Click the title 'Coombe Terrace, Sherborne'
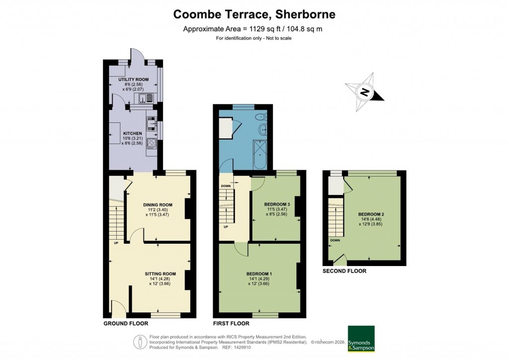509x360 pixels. (x=254, y=14)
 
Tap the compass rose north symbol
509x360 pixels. (x=365, y=92)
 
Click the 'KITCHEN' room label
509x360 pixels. (x=133, y=133)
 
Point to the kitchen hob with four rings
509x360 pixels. (x=151, y=144)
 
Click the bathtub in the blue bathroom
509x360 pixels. (x=259, y=155)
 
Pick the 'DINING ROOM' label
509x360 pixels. (x=158, y=205)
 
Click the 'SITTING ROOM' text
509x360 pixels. (x=160, y=273)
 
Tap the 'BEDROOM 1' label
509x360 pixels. (x=259, y=273)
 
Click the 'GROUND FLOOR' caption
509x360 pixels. (x=126, y=323)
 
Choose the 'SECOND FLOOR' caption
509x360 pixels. (x=344, y=271)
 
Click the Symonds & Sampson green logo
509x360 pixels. (x=360, y=339)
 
